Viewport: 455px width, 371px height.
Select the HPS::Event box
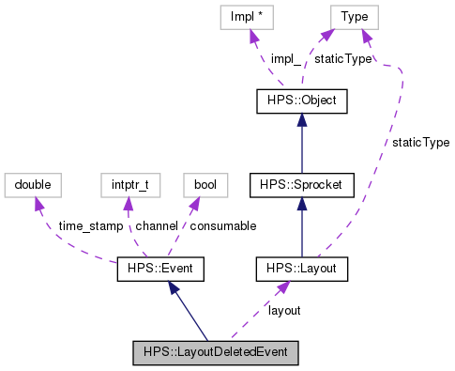(x=159, y=271)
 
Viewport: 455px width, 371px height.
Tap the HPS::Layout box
(x=301, y=271)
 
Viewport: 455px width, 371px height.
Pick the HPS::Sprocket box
(x=301, y=185)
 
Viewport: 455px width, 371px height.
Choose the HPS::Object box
(x=301, y=100)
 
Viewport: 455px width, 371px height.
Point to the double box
(x=33, y=185)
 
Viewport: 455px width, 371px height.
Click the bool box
(x=205, y=185)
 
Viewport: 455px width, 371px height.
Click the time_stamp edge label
(x=89, y=227)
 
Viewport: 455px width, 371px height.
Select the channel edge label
(x=156, y=227)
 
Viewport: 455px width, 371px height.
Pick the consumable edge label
(x=222, y=227)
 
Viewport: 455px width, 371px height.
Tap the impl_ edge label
(x=285, y=58)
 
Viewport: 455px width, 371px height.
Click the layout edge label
(x=284, y=310)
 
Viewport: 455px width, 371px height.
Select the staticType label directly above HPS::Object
(x=342, y=58)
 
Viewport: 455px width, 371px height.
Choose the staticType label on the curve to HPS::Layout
(x=420, y=143)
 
